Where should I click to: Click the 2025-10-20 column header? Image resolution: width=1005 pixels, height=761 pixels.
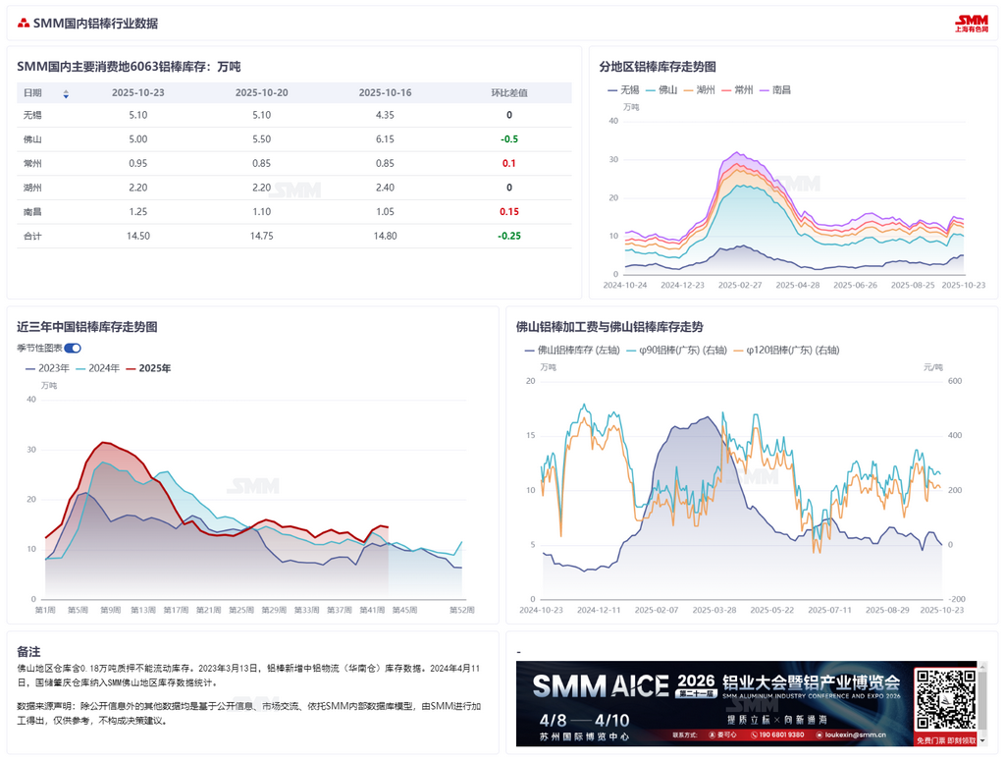click(x=261, y=92)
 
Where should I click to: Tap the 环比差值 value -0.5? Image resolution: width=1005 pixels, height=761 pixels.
click(x=509, y=139)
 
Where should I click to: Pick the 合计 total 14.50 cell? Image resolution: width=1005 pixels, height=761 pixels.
click(x=138, y=236)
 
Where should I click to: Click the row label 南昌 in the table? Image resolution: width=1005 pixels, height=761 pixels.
click(x=32, y=212)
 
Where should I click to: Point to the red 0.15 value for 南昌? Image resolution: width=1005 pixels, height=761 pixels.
click(x=509, y=212)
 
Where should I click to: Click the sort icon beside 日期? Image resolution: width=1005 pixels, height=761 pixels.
click(x=66, y=94)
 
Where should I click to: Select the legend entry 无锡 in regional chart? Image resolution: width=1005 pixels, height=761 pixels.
click(x=622, y=89)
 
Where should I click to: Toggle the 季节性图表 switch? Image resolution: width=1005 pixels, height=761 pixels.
click(x=73, y=348)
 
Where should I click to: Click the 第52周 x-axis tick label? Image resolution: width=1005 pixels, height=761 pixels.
click(x=462, y=610)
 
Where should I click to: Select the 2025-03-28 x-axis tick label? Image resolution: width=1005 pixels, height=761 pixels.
click(x=713, y=610)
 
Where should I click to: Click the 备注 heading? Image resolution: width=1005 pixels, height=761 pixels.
click(x=28, y=651)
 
